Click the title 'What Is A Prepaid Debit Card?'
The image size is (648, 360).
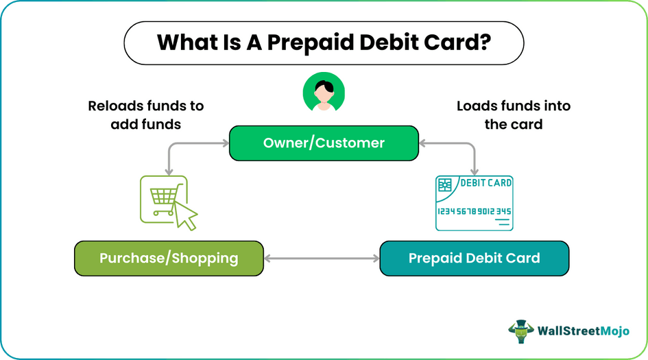click(324, 43)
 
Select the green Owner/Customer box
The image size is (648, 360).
click(324, 143)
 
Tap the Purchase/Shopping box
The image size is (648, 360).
click(169, 259)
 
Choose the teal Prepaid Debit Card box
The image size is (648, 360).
click(474, 259)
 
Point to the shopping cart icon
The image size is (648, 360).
click(162, 196)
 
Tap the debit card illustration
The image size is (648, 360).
click(474, 203)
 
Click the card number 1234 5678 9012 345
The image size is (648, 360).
click(474, 211)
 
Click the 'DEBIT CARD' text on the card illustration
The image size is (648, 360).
click(485, 183)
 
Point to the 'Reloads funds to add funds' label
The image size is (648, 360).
click(146, 115)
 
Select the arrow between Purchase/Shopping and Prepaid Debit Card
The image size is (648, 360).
click(322, 259)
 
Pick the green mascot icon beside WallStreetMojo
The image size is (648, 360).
click(521, 331)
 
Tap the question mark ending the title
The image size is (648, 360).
click(484, 43)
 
